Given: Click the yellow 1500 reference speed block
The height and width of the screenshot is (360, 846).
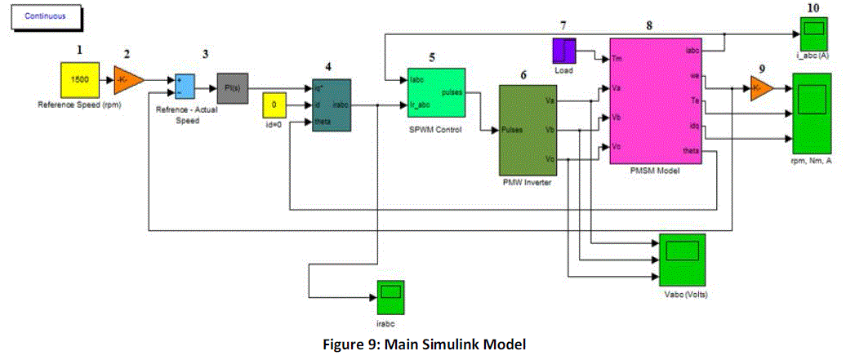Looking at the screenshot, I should pos(79,81).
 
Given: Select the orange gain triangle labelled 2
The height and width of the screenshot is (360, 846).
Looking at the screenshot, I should pos(128,80).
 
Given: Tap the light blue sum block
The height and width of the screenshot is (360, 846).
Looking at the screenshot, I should pos(185,86).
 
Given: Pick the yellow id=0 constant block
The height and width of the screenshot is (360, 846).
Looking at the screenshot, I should pos(275,106).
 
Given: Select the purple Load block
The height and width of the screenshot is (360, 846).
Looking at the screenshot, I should pos(564,51).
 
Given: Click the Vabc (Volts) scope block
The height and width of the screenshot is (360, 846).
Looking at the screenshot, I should pos(682,260).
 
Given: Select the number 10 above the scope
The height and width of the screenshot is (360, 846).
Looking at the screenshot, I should pos(813,7).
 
